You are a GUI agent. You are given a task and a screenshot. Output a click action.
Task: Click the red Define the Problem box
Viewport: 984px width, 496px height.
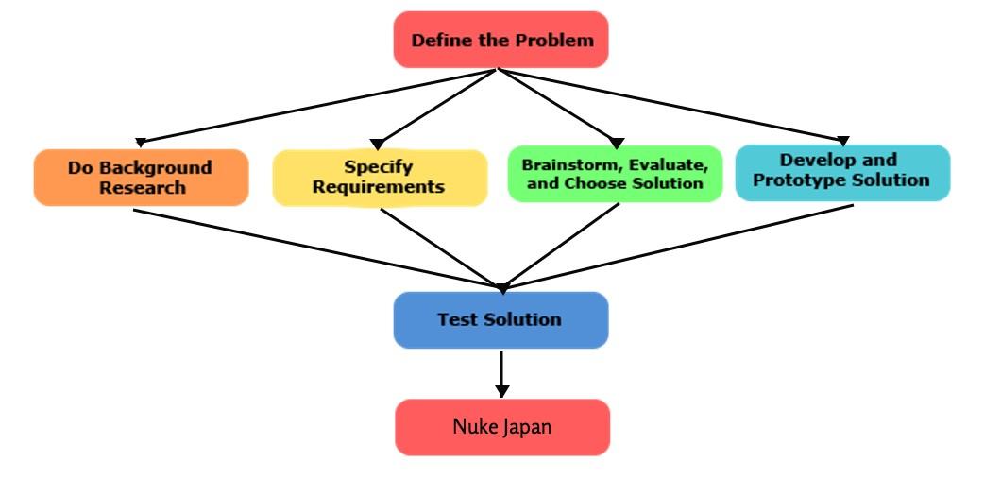click(x=501, y=40)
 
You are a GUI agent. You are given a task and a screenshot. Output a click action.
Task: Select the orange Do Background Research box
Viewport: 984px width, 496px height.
click(x=141, y=177)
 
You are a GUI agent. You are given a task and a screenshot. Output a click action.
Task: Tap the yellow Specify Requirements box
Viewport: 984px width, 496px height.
click(x=379, y=177)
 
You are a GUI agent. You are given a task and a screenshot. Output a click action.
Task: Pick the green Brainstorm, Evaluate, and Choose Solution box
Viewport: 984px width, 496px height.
click(x=615, y=173)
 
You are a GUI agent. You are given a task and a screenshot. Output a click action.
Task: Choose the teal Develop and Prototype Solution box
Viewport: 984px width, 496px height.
click(x=841, y=171)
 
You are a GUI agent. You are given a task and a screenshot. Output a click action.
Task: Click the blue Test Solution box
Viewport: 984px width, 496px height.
click(x=500, y=319)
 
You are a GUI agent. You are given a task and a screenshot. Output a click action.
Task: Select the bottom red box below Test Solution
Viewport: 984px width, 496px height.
click(x=501, y=427)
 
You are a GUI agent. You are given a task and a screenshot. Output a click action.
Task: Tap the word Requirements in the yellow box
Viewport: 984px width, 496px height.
click(x=379, y=187)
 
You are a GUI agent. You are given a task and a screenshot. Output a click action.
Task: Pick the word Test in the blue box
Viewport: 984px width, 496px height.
click(x=456, y=319)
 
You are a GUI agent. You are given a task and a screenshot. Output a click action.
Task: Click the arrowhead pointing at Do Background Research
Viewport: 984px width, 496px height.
click(x=140, y=142)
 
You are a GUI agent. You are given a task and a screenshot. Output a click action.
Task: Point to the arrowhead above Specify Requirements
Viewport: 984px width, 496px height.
click(x=377, y=144)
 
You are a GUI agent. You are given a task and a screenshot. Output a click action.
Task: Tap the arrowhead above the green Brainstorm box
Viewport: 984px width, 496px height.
click(x=619, y=142)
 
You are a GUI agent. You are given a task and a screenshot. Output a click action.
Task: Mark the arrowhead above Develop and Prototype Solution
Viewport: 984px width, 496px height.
click(x=843, y=141)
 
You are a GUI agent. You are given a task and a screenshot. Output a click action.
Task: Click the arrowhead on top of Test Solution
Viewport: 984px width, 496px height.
click(x=502, y=287)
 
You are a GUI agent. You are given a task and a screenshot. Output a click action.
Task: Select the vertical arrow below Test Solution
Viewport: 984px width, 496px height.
click(x=501, y=372)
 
